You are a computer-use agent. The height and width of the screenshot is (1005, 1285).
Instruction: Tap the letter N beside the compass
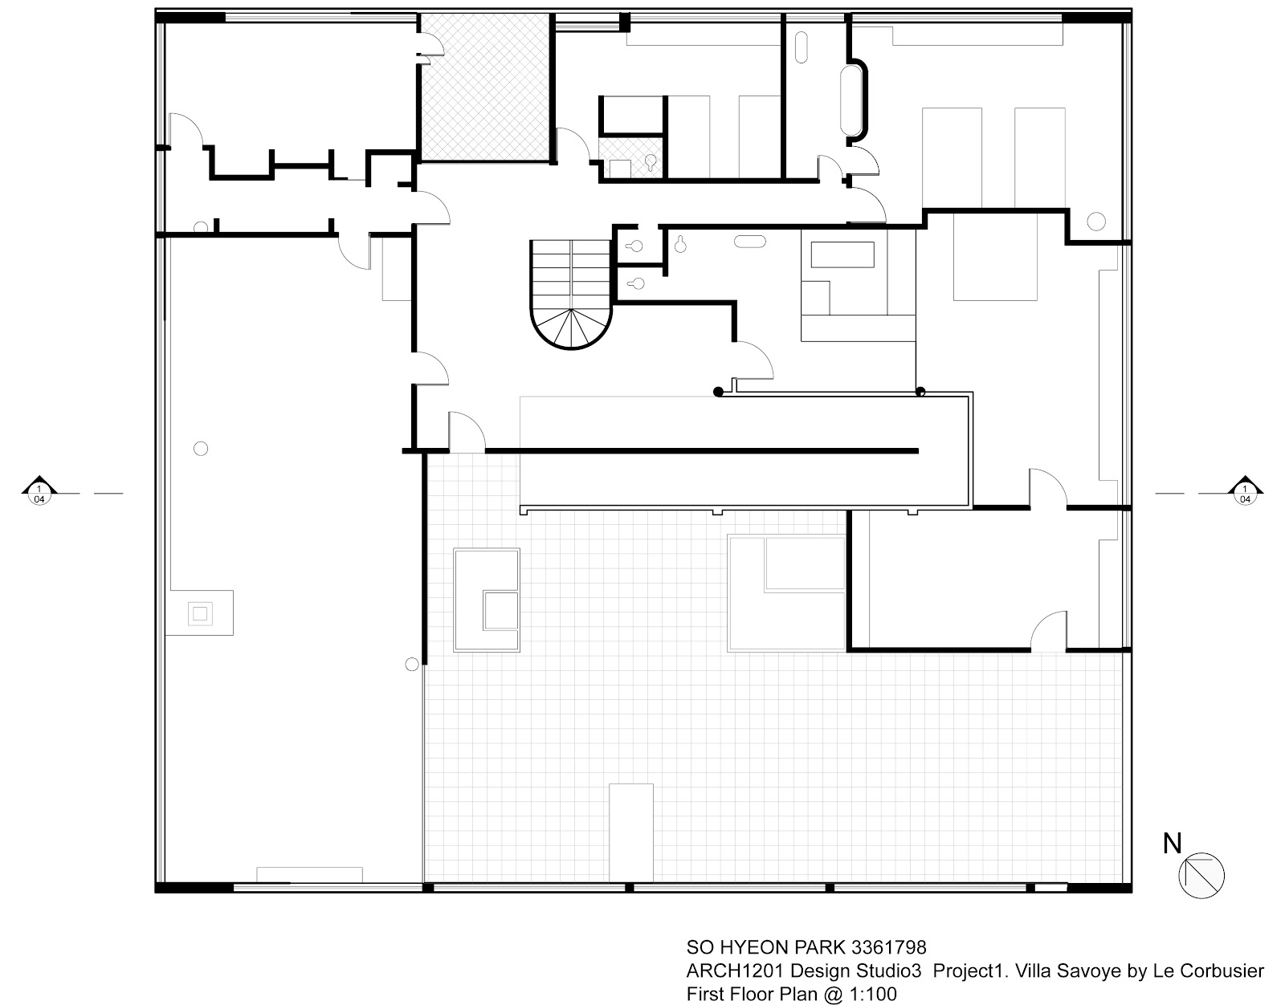click(1172, 843)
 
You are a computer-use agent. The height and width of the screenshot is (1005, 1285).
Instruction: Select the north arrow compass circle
click(1201, 876)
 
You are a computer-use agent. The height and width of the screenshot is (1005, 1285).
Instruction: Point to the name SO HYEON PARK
click(766, 948)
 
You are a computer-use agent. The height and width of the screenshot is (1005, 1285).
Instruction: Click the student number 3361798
click(889, 948)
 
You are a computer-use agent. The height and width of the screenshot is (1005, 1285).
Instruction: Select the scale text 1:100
click(873, 994)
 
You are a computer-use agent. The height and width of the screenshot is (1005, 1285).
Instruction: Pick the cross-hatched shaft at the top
click(486, 87)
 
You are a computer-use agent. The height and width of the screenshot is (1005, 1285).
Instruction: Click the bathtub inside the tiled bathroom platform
click(842, 254)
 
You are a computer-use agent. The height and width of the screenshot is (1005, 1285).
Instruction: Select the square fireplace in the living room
click(200, 613)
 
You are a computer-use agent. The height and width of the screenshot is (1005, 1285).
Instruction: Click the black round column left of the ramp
click(718, 392)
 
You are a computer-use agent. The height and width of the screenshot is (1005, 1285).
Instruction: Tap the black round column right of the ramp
click(920, 391)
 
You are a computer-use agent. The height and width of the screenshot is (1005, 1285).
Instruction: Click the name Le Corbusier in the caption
click(1208, 970)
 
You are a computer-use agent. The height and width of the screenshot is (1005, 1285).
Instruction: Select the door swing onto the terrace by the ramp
click(467, 431)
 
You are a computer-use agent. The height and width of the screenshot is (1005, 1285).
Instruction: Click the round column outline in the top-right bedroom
click(1095, 221)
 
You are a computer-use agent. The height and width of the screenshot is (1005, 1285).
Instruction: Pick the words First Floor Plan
click(752, 994)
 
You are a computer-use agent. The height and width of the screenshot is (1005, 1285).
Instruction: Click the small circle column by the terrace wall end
click(411, 664)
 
